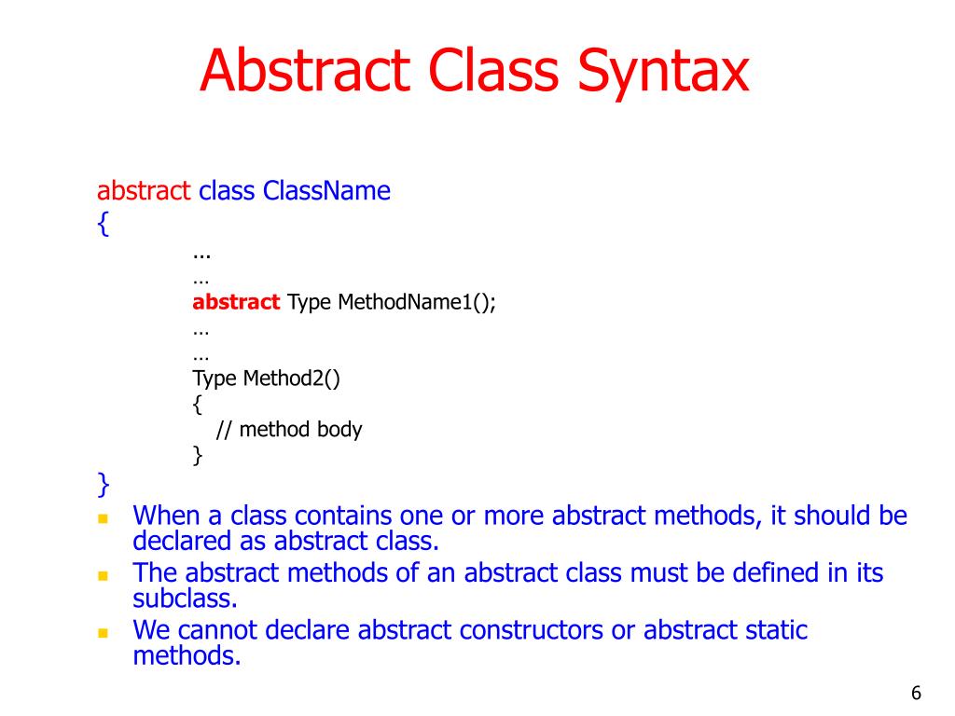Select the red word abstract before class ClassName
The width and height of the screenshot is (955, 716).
(144, 191)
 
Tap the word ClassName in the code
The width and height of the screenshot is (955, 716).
(326, 191)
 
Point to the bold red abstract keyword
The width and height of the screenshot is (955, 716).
(236, 302)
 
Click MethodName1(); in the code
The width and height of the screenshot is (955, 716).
(417, 302)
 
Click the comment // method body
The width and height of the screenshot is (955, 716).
(288, 430)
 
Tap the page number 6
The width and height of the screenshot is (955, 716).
(916, 693)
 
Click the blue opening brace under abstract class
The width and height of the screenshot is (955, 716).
(103, 225)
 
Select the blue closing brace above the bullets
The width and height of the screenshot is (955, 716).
(103, 484)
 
